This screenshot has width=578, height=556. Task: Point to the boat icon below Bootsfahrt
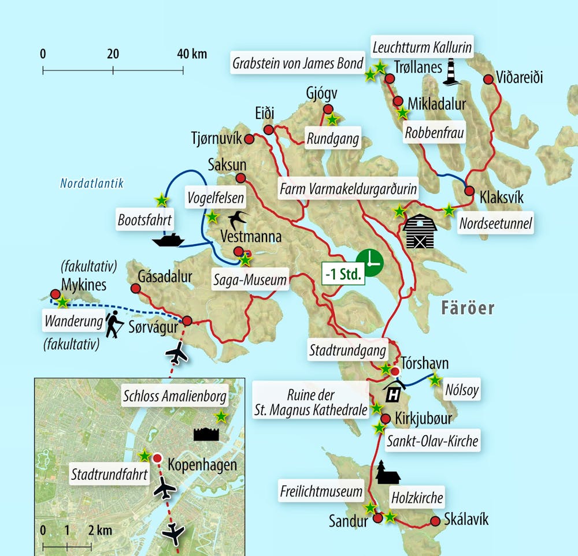coord(168,240)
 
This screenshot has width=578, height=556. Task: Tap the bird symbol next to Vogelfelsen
coord(238,219)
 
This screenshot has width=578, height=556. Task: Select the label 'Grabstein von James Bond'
coord(298,63)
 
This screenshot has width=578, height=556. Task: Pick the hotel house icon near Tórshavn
coord(394,391)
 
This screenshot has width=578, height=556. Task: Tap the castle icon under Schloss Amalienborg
coord(206,434)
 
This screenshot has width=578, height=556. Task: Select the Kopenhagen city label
coord(202,465)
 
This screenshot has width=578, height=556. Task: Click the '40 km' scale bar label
coord(191,55)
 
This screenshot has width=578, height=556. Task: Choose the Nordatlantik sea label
coord(92,184)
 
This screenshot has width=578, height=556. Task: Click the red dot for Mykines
coord(55,294)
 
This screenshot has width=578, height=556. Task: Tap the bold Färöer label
coord(468,308)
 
